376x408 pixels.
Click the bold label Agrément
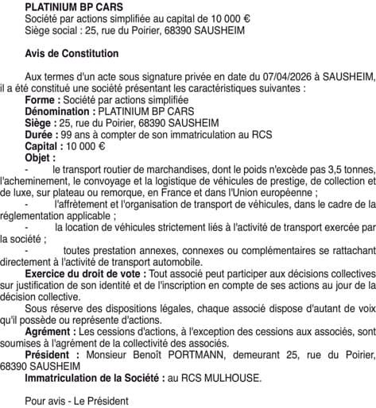pos(51,330)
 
